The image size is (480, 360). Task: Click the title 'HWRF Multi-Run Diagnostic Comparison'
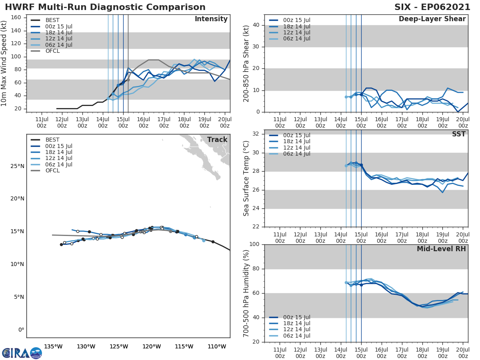(105, 7)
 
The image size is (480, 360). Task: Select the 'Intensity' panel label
(211, 19)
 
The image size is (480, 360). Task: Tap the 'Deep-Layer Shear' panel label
(432, 19)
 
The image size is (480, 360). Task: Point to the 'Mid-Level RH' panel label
(441, 249)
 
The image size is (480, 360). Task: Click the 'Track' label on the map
(217, 140)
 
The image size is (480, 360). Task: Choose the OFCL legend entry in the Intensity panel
(52, 51)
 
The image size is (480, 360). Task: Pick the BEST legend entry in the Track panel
(52, 140)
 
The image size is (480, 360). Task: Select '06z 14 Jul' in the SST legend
(296, 154)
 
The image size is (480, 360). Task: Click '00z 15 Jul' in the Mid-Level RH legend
(296, 317)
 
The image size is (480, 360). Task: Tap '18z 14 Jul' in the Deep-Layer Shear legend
(296, 26)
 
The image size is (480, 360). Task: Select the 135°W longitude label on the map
(53, 346)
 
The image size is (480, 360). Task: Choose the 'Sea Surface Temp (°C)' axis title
(246, 178)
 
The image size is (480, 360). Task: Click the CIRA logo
(22, 353)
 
